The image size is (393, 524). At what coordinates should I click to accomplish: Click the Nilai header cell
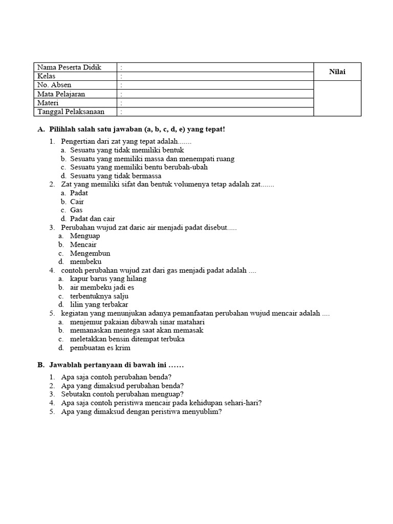click(x=337, y=72)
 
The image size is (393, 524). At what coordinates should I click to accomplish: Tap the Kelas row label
click(x=47, y=76)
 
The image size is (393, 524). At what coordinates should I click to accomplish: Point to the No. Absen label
click(x=54, y=85)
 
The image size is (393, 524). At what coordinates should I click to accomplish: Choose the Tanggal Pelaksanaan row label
click(x=71, y=112)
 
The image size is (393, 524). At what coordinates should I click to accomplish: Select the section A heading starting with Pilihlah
click(x=131, y=129)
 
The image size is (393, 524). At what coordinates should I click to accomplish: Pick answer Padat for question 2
click(x=79, y=193)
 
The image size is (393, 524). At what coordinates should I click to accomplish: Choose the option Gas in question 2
click(x=76, y=210)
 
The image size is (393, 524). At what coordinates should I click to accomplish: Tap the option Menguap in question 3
click(x=85, y=236)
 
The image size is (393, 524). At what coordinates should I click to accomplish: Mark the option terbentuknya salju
click(x=99, y=296)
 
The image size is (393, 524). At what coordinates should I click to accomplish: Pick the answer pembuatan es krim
click(x=100, y=348)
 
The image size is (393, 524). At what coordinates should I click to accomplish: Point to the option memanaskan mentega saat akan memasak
click(x=137, y=331)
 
